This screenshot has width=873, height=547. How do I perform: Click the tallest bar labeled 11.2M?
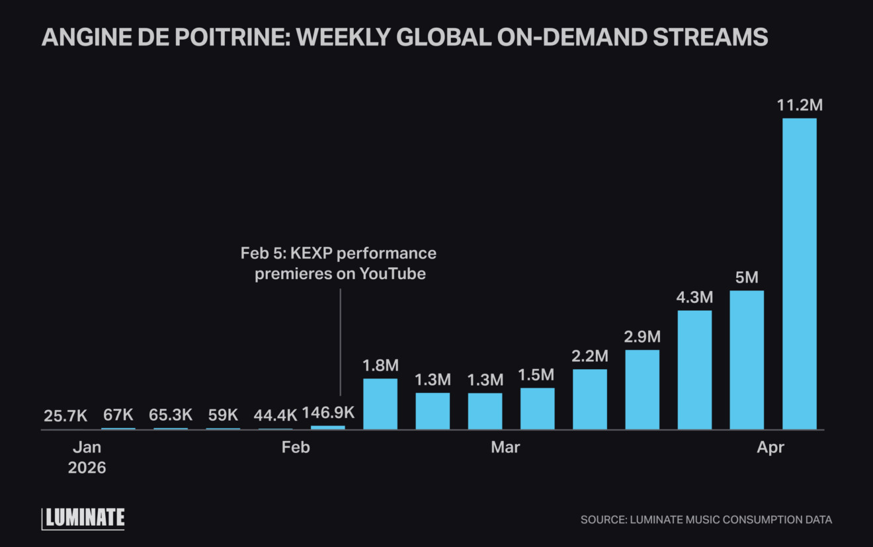click(799, 274)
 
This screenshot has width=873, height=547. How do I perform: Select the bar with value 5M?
click(747, 360)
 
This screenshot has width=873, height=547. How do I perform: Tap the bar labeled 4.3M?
click(694, 370)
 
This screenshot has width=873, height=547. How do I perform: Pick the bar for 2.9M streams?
click(642, 390)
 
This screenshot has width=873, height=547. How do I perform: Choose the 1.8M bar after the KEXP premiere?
click(380, 404)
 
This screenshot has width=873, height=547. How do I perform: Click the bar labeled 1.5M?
click(537, 409)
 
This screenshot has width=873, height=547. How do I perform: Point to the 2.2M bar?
click(590, 400)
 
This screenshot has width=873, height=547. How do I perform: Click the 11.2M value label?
click(800, 106)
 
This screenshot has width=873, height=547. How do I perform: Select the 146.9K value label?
click(328, 413)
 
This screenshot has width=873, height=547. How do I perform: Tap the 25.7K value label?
click(65, 416)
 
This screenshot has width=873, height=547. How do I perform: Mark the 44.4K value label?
click(275, 416)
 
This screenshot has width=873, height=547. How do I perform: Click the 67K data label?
click(118, 415)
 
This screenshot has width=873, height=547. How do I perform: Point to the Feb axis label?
click(295, 448)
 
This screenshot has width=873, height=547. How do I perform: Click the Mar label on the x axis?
click(505, 448)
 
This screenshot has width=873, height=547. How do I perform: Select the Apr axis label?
click(770, 448)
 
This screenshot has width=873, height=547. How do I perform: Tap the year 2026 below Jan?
click(87, 468)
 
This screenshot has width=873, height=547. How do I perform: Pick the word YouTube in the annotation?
click(392, 274)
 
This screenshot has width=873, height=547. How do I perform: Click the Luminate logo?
click(83, 519)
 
